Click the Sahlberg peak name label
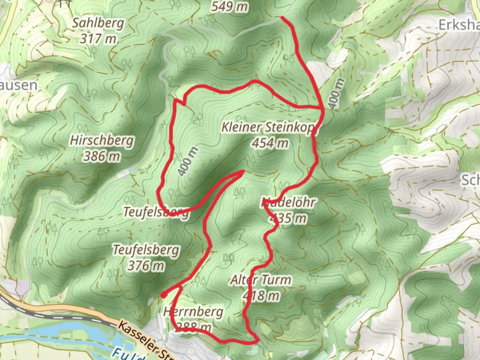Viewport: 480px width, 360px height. pos(98,23)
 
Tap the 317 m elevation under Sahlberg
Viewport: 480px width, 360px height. pos(98,39)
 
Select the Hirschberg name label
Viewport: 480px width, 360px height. pos(102,140)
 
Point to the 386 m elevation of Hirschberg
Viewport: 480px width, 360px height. pos(102,156)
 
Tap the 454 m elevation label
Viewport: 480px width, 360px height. pos(270,143)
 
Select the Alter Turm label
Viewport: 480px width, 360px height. pos(260,280)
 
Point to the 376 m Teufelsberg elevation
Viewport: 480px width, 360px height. pos(146,266)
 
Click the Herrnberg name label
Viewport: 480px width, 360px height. pos(193,312)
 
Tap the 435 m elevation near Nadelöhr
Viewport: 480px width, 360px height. pos(288,219)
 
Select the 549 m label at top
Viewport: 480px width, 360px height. pos(230,6)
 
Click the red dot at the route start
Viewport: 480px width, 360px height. pos(164,295)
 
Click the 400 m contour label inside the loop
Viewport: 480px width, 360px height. pos(188,161)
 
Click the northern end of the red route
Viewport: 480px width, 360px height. pos(282,17)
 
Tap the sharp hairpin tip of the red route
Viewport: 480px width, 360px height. pos(244,171)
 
